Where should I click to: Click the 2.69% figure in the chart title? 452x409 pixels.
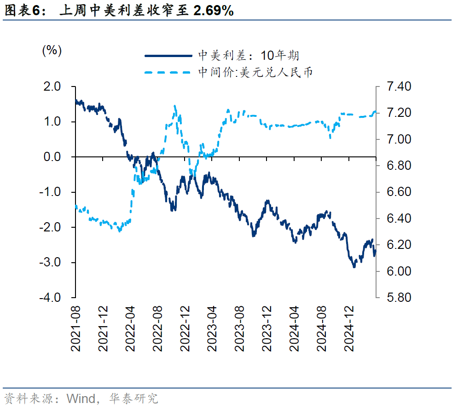(214, 11)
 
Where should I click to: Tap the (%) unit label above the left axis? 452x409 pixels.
(52, 50)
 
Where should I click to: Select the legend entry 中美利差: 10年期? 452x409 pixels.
(249, 56)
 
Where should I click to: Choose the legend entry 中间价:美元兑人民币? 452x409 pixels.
(255, 72)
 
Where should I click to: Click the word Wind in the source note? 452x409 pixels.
(81, 398)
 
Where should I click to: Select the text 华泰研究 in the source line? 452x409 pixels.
(133, 398)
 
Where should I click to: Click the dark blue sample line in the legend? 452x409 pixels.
(168, 56)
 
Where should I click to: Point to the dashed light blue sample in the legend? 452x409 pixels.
(168, 72)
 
